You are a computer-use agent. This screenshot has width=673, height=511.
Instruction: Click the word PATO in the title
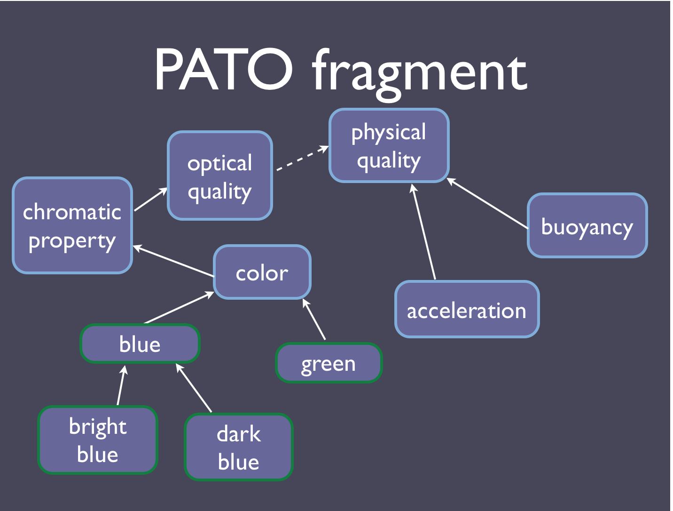223,69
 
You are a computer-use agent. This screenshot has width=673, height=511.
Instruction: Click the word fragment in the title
419,74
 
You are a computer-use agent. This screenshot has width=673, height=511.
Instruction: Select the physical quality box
389,145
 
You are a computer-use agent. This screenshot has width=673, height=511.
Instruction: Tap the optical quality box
220,176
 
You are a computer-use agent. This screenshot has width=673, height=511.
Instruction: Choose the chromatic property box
72,225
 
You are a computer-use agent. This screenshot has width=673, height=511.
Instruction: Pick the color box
262,272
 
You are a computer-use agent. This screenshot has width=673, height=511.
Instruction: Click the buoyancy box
587,225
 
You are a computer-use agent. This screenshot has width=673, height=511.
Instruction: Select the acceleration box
467,309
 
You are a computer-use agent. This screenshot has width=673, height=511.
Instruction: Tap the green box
329,363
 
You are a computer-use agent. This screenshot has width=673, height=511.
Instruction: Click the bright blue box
97,440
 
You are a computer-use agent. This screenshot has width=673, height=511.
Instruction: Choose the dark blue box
239,447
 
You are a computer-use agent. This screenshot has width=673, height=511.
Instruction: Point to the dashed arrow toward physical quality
302,158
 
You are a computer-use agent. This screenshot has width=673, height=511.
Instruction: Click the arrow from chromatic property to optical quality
151,199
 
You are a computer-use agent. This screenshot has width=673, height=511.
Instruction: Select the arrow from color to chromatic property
173,261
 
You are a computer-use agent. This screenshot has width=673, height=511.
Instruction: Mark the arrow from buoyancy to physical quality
487,203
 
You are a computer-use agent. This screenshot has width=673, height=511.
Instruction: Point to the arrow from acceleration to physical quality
423,232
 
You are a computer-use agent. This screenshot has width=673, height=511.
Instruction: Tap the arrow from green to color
314,319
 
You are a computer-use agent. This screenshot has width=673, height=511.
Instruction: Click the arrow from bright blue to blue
121,385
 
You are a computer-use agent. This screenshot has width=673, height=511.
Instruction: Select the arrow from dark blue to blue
194,388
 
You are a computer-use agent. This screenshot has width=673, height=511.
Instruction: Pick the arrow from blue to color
179,307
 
